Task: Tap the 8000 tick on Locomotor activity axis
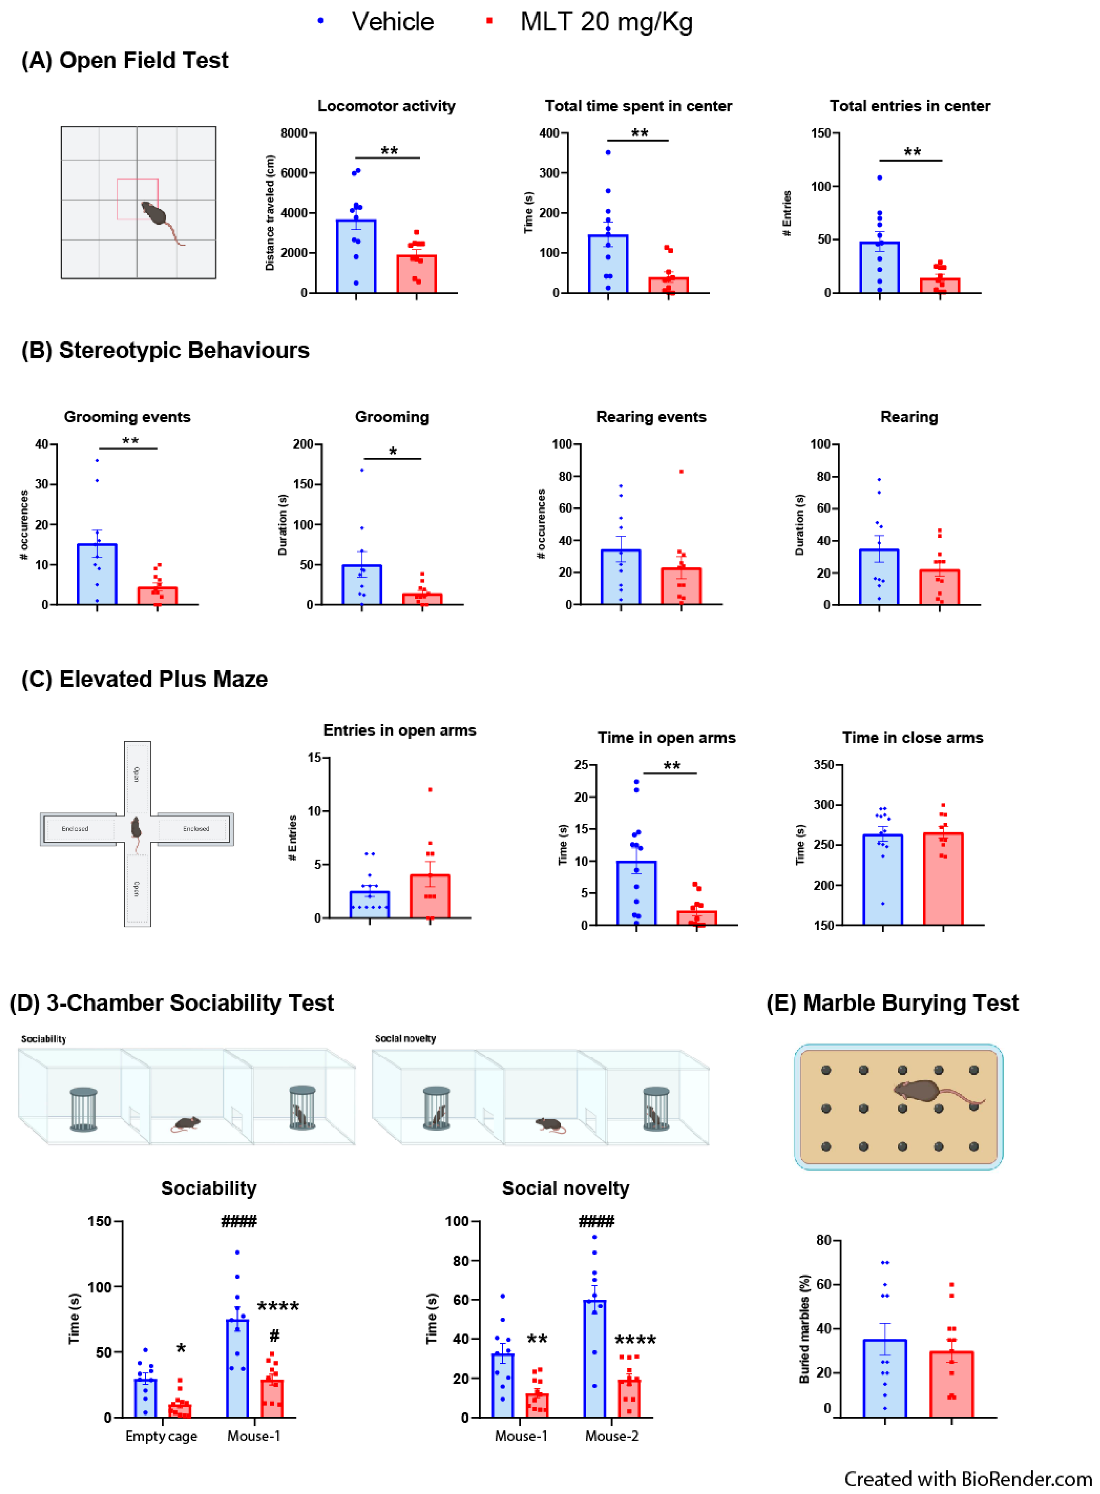click(294, 133)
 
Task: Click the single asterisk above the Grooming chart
click(393, 451)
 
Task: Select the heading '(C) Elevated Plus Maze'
click(144, 679)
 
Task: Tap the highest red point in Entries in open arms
click(430, 790)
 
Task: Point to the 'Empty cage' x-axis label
click(161, 1436)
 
